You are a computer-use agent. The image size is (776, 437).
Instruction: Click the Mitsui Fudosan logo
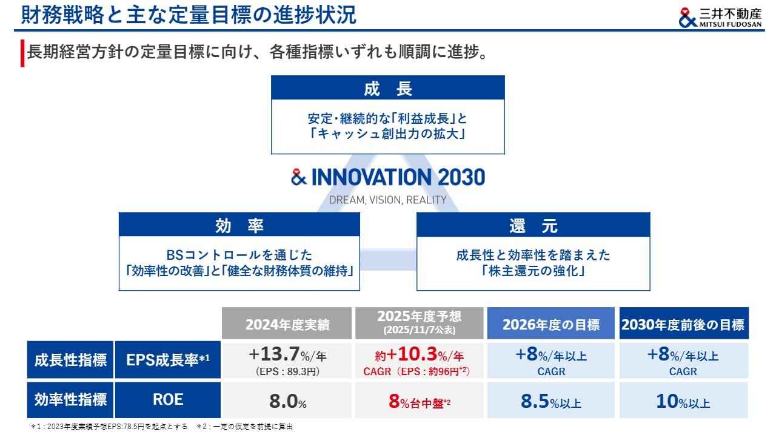720,18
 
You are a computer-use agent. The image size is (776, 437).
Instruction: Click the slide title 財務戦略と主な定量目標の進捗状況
189,15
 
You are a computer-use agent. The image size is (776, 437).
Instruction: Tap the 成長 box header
387,88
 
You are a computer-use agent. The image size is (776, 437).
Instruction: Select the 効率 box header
239,225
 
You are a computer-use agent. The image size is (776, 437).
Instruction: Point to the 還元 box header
533,225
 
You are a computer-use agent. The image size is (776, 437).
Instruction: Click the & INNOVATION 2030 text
388,177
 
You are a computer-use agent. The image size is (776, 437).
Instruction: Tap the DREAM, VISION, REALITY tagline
387,200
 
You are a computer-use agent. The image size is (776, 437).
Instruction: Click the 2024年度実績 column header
287,324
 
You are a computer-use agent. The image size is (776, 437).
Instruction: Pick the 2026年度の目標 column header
551,324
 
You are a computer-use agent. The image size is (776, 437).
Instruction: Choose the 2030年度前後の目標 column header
684,324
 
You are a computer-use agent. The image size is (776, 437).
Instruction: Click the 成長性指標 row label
70,360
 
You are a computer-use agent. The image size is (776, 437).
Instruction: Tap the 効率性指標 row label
70,400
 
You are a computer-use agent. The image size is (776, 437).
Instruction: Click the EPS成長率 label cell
168,360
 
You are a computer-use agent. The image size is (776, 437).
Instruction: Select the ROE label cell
168,400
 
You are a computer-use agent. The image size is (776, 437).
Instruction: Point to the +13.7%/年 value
287,354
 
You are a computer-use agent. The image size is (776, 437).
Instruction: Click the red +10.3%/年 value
419,354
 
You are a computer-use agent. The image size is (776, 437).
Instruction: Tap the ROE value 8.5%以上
551,401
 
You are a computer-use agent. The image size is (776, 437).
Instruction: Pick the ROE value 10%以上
683,401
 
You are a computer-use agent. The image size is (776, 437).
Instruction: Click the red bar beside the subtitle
22,53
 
